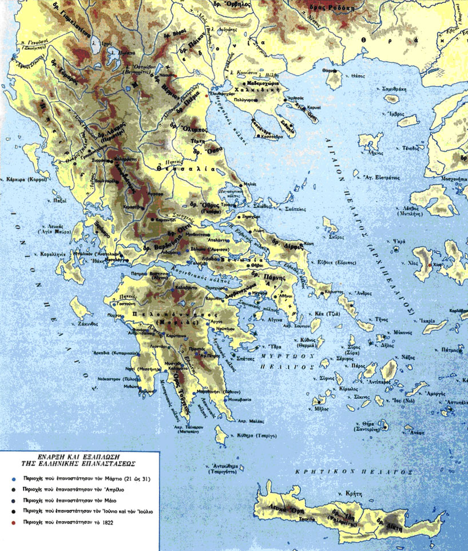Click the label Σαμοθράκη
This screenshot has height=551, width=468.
point(395,89)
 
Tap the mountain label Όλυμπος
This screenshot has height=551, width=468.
point(193,129)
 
